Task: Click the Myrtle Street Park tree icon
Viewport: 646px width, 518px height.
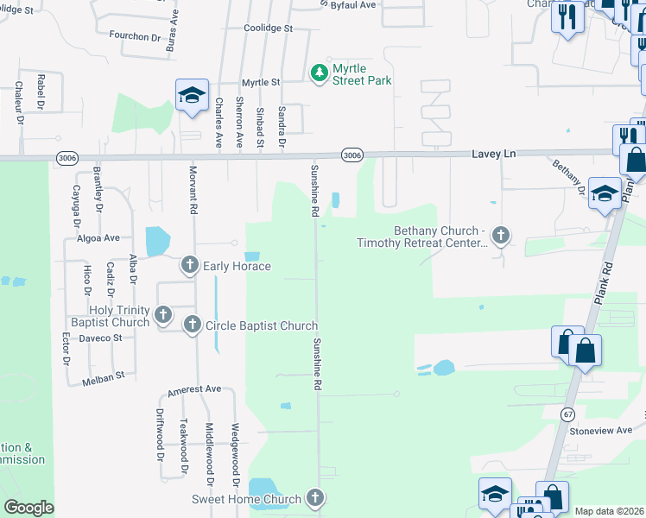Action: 320,72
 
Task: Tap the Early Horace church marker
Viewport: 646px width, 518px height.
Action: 190,266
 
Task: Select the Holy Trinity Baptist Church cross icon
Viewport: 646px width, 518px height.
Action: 162,312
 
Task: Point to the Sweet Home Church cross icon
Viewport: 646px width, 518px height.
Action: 315,498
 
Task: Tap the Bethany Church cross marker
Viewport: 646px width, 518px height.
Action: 501,234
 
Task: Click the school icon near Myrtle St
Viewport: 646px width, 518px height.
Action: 192,94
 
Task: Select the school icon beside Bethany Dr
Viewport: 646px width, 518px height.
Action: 605,193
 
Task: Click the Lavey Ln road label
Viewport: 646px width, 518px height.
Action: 493,153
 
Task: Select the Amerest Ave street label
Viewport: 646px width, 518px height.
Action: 194,390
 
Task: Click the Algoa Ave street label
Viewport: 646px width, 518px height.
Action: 98,237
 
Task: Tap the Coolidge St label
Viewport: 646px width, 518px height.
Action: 269,28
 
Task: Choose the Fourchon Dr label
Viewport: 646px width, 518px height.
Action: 136,37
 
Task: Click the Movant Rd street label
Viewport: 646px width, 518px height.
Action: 193,190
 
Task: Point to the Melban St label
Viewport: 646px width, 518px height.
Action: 104,378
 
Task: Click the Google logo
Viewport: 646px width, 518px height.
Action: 28,507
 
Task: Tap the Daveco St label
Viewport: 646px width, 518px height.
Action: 101,338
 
